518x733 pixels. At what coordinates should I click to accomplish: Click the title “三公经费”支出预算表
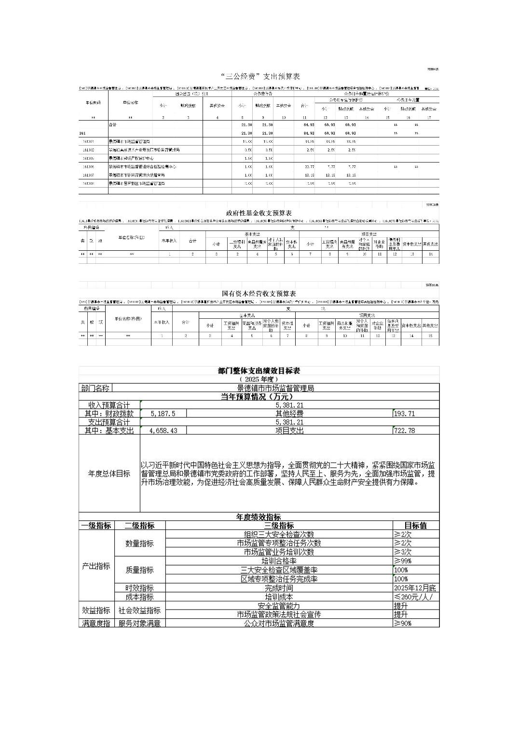(x=259, y=77)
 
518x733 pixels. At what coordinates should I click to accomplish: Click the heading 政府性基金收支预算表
(x=259, y=213)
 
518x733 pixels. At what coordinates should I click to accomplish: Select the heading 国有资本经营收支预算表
(x=259, y=294)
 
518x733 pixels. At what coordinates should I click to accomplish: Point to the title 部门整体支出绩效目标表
(x=259, y=371)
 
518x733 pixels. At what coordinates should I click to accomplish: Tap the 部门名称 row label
(x=95, y=388)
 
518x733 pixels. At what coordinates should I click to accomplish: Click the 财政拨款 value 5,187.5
(x=163, y=414)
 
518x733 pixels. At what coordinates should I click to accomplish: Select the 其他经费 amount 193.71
(x=404, y=414)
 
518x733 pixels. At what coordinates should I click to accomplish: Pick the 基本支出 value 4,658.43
(x=163, y=431)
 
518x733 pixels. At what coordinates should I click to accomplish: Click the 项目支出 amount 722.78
(x=404, y=431)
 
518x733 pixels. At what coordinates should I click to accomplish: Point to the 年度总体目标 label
(x=109, y=474)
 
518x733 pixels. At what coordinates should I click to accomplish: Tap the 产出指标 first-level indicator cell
(x=96, y=566)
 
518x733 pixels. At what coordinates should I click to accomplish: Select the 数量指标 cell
(x=139, y=543)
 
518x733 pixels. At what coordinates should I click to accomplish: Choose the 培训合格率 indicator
(x=279, y=561)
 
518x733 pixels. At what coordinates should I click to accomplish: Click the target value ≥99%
(x=403, y=561)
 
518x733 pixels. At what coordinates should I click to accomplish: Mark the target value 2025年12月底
(x=415, y=588)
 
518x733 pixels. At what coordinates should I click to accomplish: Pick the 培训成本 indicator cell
(x=279, y=597)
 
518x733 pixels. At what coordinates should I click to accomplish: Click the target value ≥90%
(x=403, y=624)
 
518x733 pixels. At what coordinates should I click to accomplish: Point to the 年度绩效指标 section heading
(x=259, y=517)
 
